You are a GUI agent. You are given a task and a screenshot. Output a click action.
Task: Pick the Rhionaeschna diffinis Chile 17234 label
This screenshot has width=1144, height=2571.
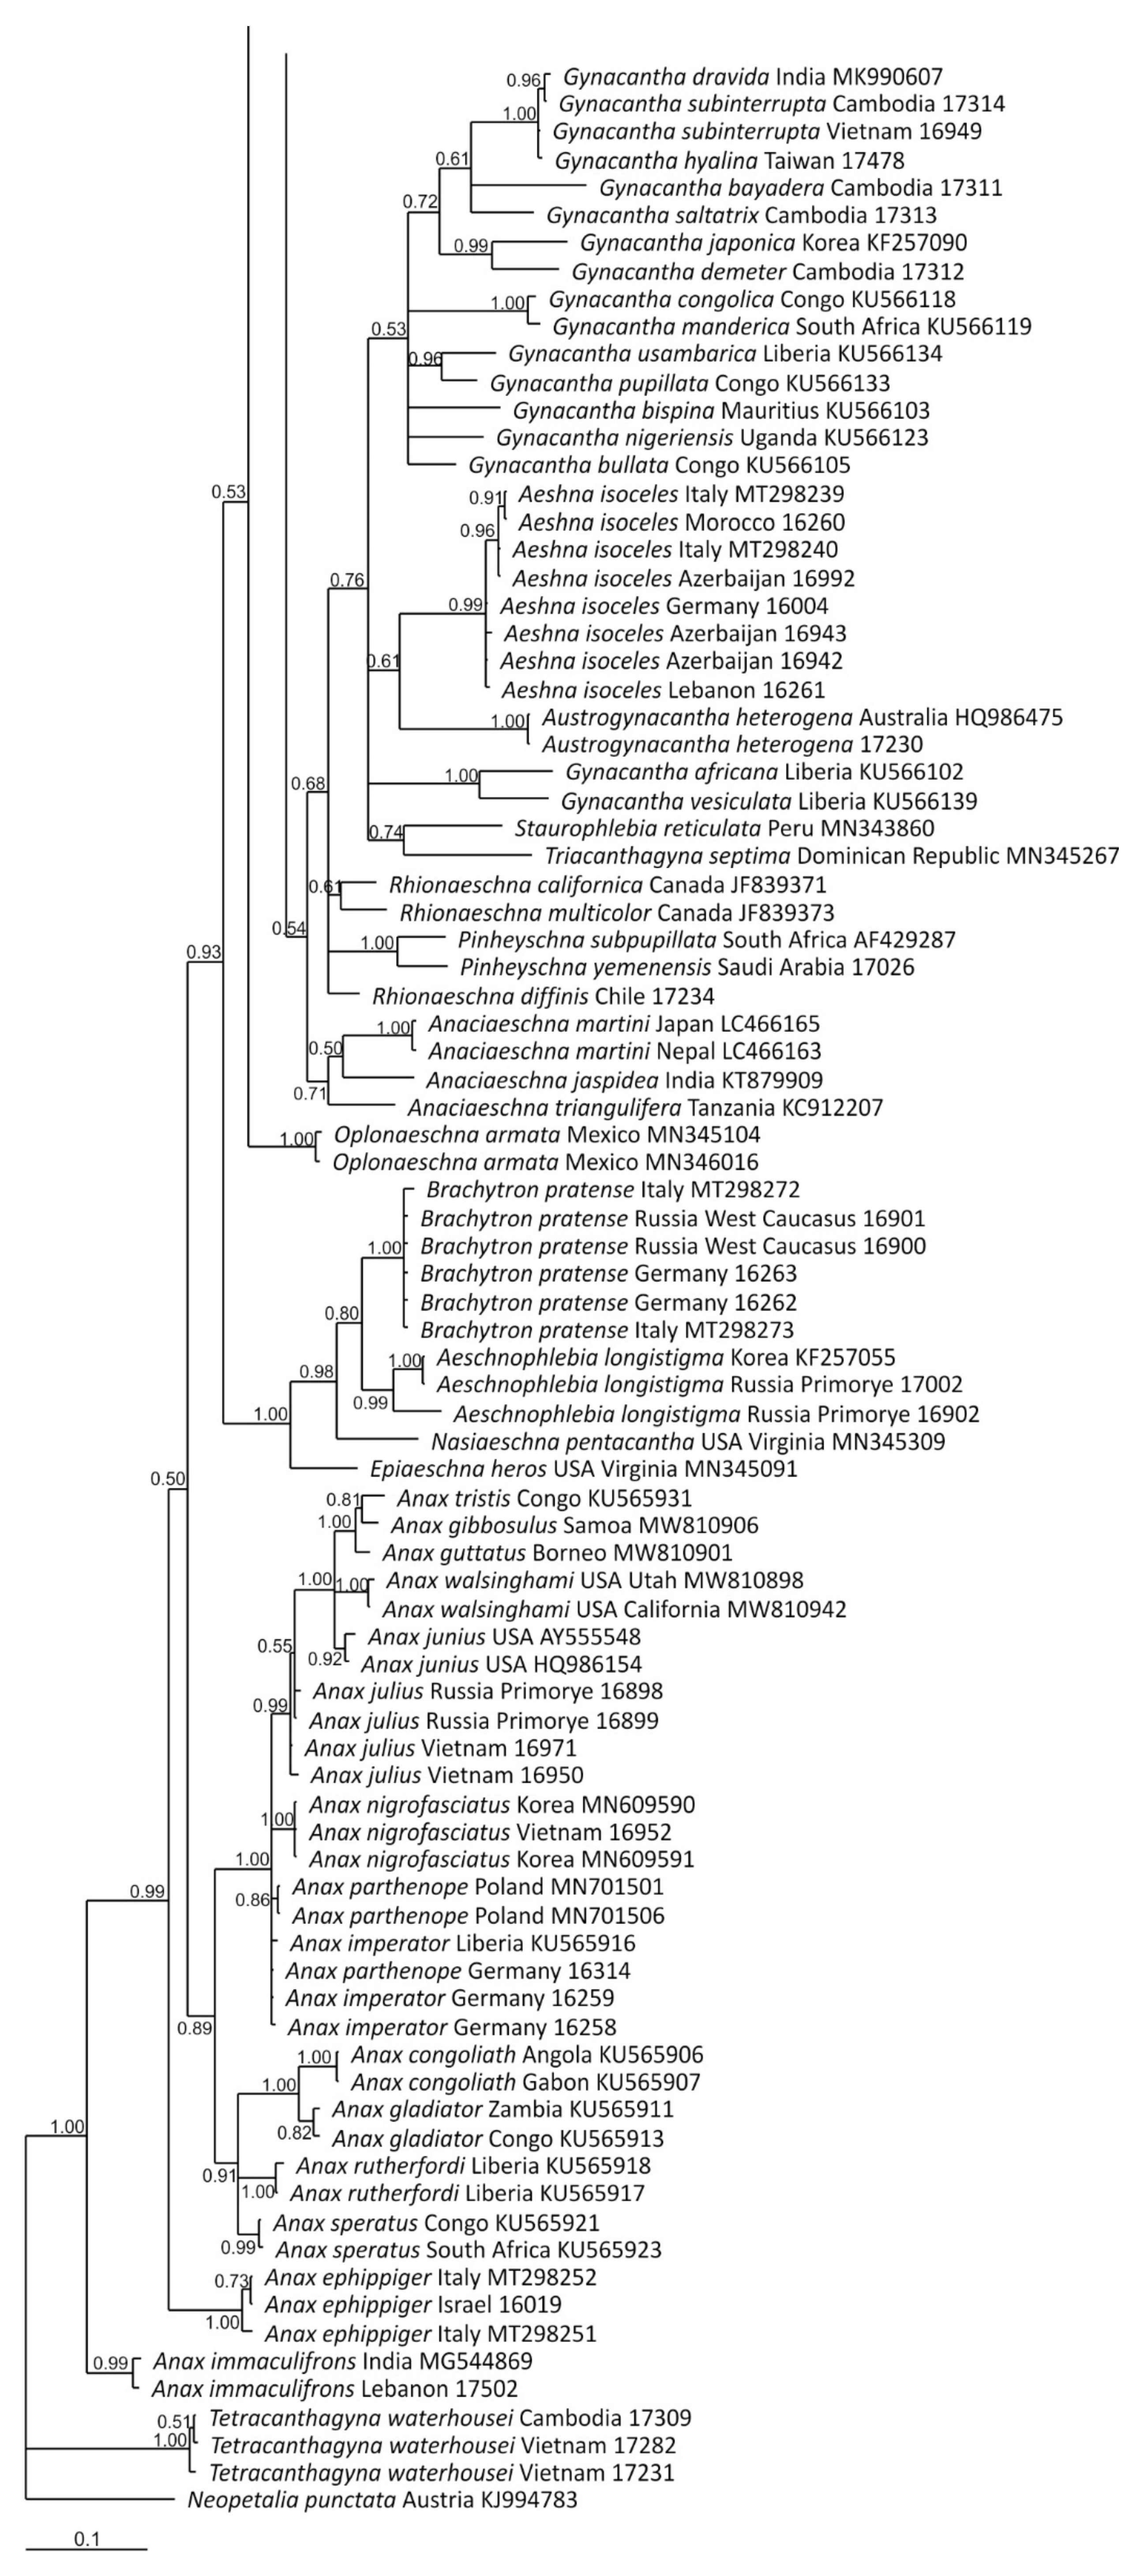(543, 996)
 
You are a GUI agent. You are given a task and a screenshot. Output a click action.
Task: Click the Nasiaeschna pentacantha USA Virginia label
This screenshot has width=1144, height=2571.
(688, 1441)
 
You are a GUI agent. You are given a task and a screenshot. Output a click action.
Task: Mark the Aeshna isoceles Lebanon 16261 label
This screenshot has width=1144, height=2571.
(663, 690)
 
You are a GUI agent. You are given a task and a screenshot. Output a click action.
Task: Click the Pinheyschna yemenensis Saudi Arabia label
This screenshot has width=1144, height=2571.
(687, 967)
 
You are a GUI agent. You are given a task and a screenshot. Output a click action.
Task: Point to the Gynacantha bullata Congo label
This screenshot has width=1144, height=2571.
(659, 465)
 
